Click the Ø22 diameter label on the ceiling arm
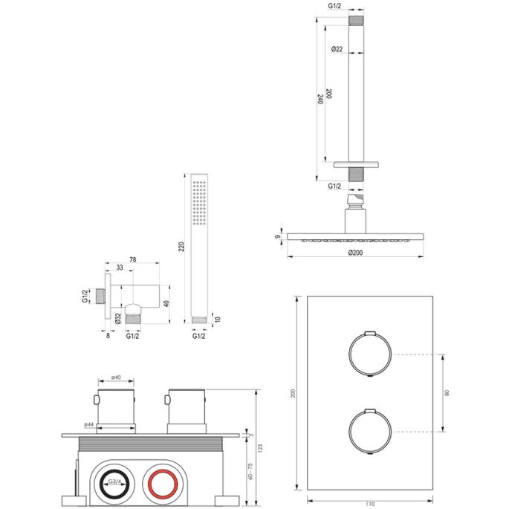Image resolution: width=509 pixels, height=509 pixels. (x=337, y=49)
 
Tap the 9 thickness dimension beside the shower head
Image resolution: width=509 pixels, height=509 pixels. (x=278, y=239)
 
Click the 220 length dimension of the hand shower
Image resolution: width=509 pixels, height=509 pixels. (x=181, y=247)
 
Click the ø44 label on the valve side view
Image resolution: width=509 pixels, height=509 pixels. (x=88, y=425)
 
